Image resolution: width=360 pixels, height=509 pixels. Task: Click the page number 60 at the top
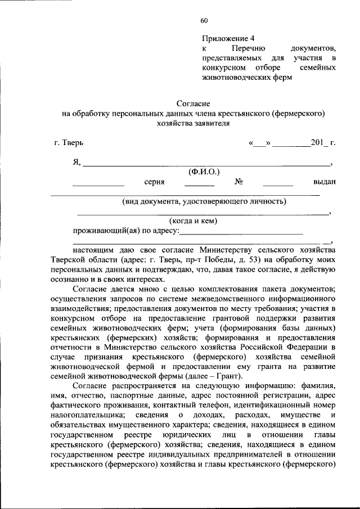tap(204, 21)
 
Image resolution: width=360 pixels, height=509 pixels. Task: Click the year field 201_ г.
tap(323, 143)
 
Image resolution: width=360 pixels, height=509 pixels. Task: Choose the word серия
tap(154, 182)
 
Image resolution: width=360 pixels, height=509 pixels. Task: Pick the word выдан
tap(325, 182)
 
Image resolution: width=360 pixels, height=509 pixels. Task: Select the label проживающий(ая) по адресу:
tap(126, 231)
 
